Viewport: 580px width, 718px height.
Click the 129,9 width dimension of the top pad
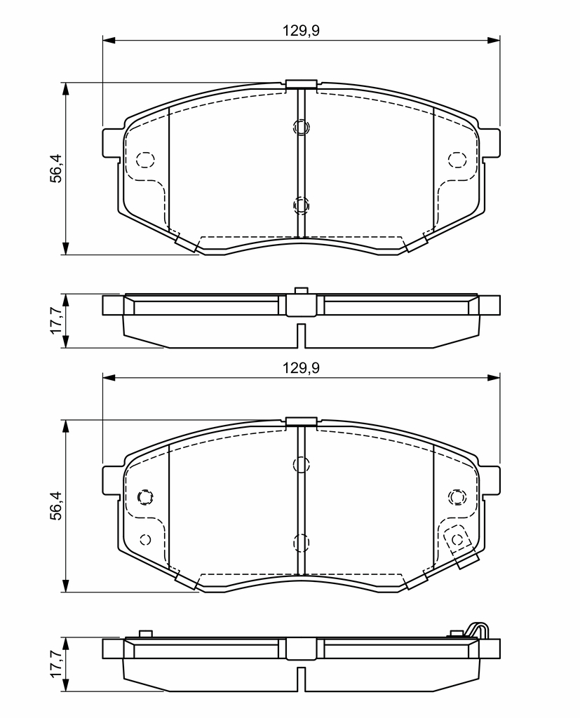pos(301,31)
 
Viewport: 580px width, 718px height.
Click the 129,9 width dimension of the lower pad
pos(301,367)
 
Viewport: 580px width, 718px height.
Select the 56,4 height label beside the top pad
pos(56,168)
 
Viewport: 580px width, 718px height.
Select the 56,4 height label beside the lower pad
pos(56,506)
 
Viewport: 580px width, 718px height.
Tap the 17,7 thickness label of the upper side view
pos(56,320)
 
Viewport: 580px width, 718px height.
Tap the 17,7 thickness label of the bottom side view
pos(56,665)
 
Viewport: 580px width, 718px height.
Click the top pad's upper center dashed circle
pos(301,127)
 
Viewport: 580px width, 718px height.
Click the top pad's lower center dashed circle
pos(301,205)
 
